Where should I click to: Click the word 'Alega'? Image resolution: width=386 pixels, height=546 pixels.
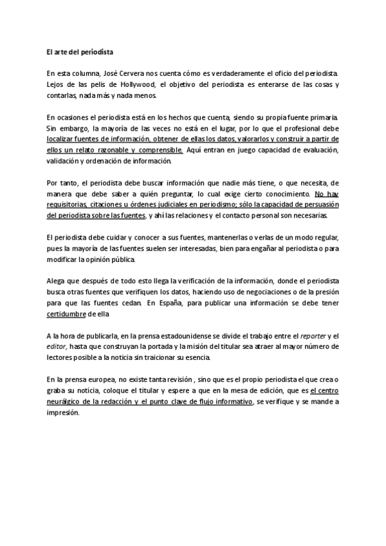point(57,281)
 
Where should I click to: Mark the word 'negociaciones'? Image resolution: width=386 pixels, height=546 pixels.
point(247,292)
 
